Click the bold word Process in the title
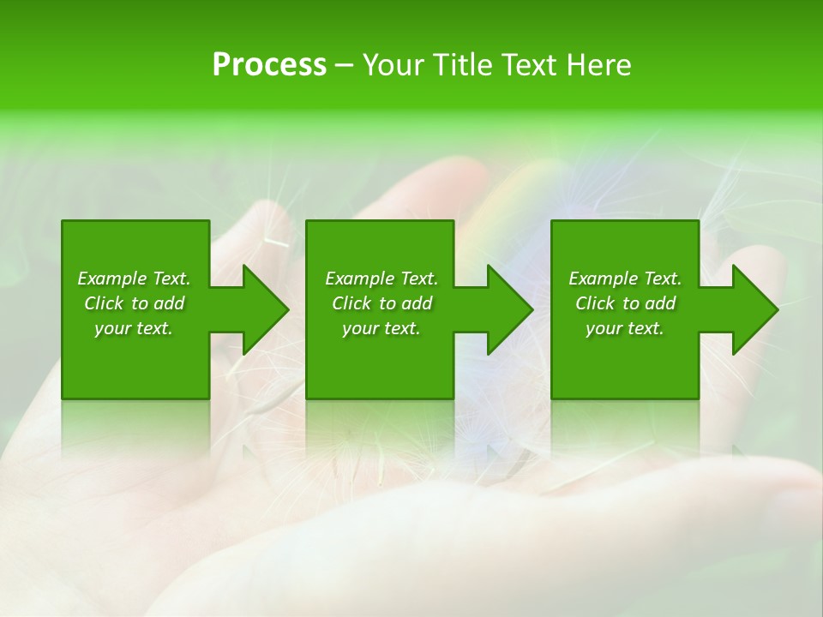(269, 65)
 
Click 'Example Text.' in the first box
(134, 279)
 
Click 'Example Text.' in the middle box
(381, 279)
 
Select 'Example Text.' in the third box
(625, 279)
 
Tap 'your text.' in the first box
(134, 328)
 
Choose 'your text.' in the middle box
(381, 328)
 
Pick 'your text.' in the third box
(625, 328)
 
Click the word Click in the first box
(104, 303)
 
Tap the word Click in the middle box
(351, 303)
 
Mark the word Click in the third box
(595, 303)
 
